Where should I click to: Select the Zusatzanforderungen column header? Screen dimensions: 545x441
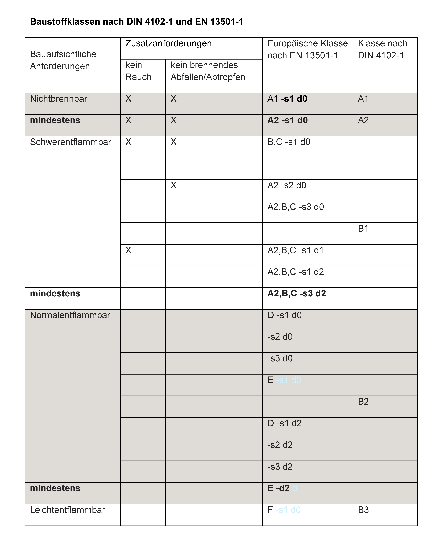tap(168, 43)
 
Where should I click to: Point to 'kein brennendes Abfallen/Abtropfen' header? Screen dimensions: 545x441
tap(208, 71)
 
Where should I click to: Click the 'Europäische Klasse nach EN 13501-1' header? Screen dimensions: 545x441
tap(307, 49)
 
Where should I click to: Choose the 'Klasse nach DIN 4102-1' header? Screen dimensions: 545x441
tap(382, 49)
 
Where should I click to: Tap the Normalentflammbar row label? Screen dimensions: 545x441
tap(70, 315)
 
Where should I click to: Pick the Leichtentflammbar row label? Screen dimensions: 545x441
tap(67, 510)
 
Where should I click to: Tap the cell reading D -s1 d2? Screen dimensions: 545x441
tap(285, 423)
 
